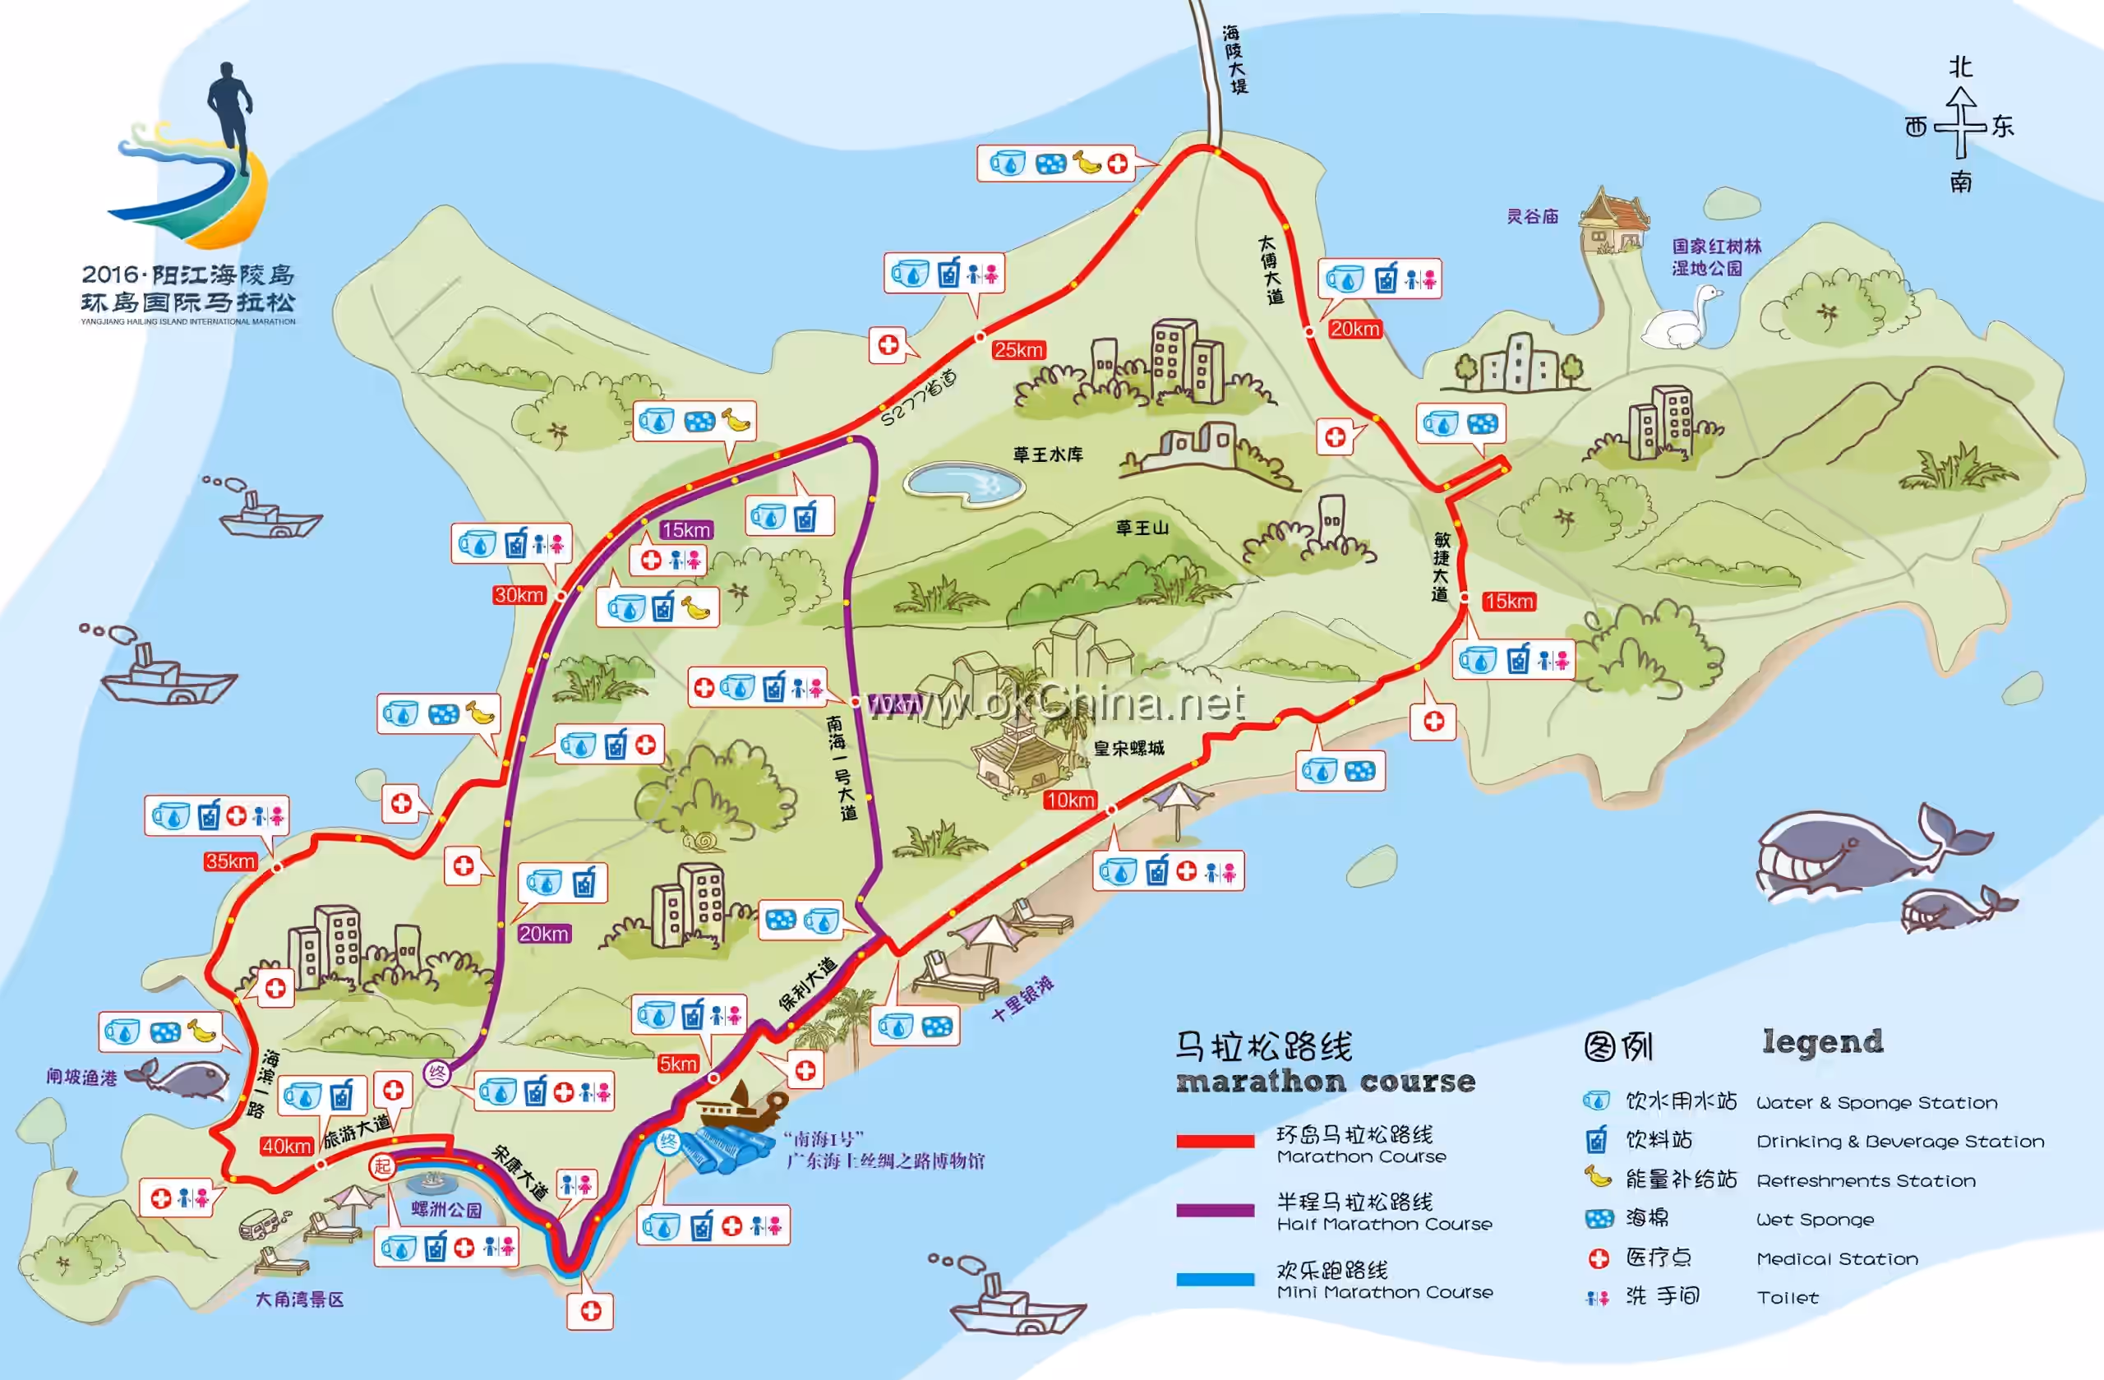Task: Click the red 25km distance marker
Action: [1018, 350]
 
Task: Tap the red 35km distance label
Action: [230, 861]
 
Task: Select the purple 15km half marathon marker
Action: [686, 529]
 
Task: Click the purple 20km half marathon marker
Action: [544, 934]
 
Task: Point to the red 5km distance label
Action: [678, 1064]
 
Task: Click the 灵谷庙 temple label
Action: [1532, 217]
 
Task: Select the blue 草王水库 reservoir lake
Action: [963, 482]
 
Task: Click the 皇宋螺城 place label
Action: [1129, 749]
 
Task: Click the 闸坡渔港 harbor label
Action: [81, 1077]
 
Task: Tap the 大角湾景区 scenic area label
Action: [299, 1299]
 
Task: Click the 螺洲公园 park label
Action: [446, 1209]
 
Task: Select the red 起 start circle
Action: [382, 1166]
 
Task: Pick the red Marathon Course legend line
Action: [1215, 1142]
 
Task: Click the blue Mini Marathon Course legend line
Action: [1215, 1279]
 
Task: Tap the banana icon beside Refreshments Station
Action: [1597, 1178]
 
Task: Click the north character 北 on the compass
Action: [1961, 67]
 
